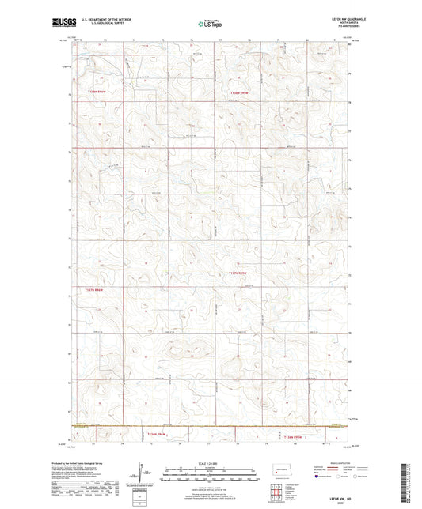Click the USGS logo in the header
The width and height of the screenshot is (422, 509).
point(62,22)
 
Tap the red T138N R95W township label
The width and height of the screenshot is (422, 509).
point(238,92)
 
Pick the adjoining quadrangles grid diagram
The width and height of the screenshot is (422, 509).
point(276,496)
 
